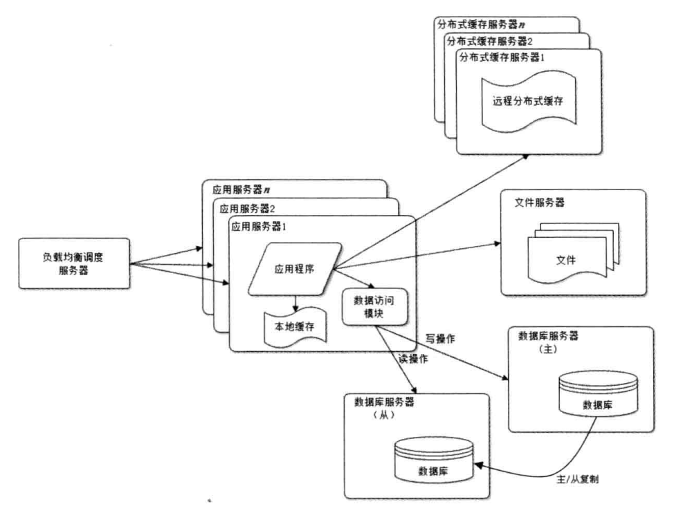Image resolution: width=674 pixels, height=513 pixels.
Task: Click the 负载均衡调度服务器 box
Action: (x=74, y=263)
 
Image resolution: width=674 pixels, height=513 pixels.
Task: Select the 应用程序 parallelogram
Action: (x=294, y=269)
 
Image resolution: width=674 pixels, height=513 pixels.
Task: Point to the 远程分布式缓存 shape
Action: (x=527, y=101)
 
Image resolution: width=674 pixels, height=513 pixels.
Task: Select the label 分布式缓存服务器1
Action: (x=502, y=57)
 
